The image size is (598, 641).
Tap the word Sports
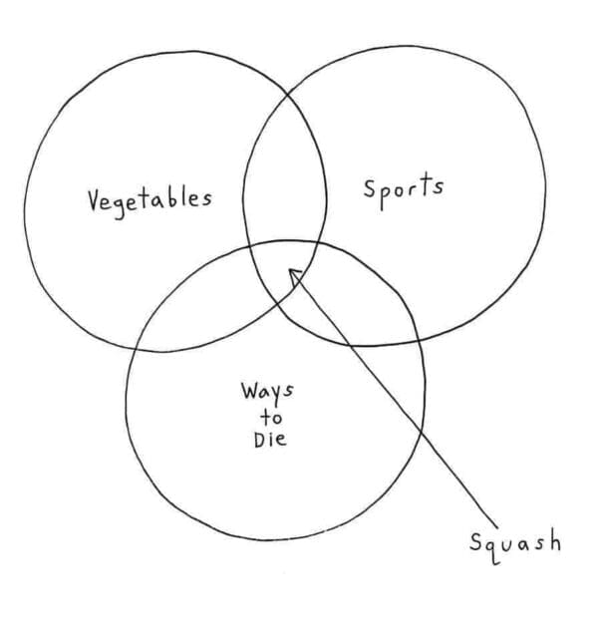pyautogui.click(x=404, y=189)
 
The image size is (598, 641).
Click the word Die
pyautogui.click(x=270, y=439)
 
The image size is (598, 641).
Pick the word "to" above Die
pyautogui.click(x=271, y=418)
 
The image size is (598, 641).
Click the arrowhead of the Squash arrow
pyautogui.click(x=295, y=276)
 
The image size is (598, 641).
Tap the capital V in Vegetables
pyautogui.click(x=95, y=200)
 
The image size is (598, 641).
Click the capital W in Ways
pyautogui.click(x=249, y=390)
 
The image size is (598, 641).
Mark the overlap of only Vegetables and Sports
pyautogui.click(x=285, y=171)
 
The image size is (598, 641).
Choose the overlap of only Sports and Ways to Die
pyautogui.click(x=360, y=298)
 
